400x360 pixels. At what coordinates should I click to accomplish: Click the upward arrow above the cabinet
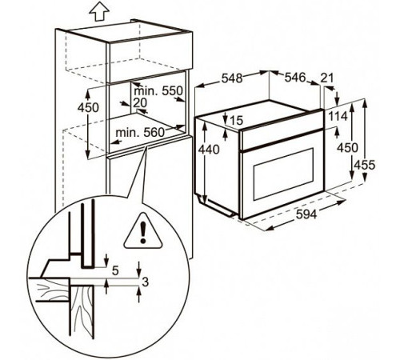pos(98,11)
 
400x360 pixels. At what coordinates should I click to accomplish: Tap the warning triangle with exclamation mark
pos(142,232)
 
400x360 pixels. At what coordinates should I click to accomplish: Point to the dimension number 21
pos(326,77)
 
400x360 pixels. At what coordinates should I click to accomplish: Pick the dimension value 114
pos(336,116)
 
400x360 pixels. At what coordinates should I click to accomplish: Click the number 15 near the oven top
pos(235,121)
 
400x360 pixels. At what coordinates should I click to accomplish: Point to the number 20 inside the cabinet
pos(141,102)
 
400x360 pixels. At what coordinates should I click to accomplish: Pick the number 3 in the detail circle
pos(145,282)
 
